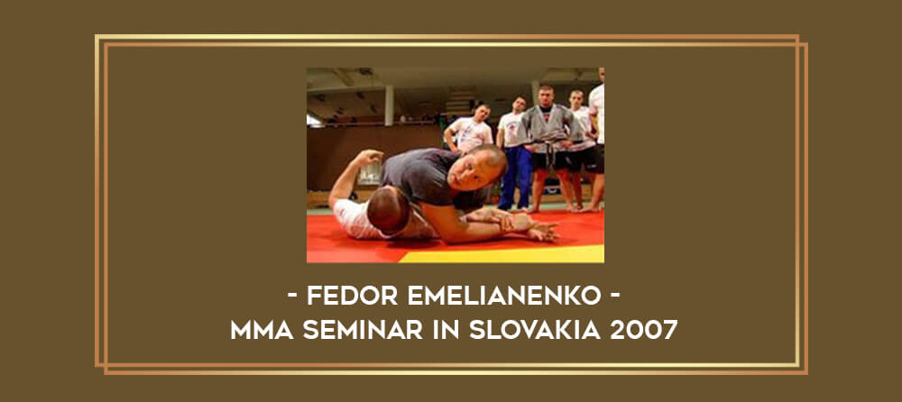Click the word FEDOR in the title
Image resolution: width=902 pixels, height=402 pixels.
click(352, 296)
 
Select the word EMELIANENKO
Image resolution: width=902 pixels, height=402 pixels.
click(504, 296)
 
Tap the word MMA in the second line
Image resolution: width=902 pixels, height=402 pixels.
click(262, 330)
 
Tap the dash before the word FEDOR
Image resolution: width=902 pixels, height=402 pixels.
click(292, 297)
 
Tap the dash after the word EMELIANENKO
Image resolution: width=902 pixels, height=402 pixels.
click(615, 297)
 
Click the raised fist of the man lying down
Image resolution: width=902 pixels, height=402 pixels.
click(372, 157)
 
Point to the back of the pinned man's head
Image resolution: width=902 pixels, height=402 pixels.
click(389, 209)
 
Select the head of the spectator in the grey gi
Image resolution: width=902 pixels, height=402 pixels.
click(545, 96)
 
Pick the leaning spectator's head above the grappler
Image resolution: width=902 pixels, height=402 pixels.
click(481, 111)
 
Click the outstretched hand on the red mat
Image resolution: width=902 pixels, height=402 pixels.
click(543, 231)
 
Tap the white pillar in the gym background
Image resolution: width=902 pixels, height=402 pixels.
click(390, 105)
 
